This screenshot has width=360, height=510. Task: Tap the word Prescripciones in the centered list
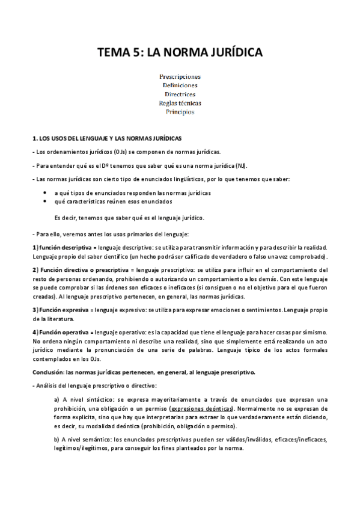tap(180, 77)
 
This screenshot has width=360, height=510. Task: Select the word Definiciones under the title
tap(180, 85)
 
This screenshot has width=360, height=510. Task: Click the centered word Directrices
tap(180, 94)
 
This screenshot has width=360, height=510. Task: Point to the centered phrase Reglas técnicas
tap(180, 103)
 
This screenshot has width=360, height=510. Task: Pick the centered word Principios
tap(180, 112)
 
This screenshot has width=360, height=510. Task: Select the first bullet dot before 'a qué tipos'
tap(46, 192)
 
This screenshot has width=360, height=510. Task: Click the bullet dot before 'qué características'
tap(46, 203)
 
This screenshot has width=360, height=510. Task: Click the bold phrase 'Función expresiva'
tap(59, 309)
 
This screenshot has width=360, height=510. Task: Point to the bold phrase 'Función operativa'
tap(59, 332)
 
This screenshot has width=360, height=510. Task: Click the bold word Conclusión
tap(47, 372)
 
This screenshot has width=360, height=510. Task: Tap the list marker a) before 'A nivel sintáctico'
tap(57, 399)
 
